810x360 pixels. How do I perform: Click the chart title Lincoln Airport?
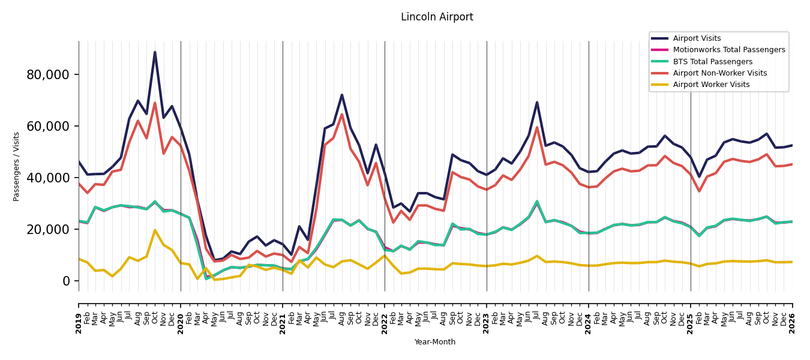437,17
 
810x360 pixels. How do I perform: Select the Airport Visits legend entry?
697,38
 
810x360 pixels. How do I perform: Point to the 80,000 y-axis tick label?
48,75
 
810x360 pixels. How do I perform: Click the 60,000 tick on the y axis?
48,127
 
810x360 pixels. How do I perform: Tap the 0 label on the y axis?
66,281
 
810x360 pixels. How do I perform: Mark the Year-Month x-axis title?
434,342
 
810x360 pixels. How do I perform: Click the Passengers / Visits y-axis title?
16,167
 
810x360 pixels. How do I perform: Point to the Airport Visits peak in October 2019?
155,52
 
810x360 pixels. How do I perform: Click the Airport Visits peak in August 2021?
342,95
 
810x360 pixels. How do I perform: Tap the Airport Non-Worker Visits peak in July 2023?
537,127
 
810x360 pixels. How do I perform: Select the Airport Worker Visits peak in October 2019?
155,230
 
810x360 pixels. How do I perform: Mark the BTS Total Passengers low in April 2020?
206,278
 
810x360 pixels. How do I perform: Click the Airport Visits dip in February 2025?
699,177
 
